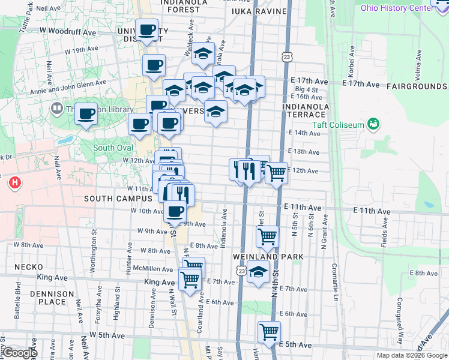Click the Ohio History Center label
pyautogui.click(x=396, y=7)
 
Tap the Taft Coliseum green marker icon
pyautogui.click(x=375, y=124)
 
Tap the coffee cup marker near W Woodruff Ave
pyautogui.click(x=147, y=29)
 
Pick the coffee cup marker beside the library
pyautogui.click(x=86, y=113)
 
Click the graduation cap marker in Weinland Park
pyautogui.click(x=259, y=272)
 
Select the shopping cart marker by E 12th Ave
pyautogui.click(x=276, y=173)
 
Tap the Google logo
pyautogui.click(x=20, y=353)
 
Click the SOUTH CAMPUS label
pyautogui.click(x=118, y=199)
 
